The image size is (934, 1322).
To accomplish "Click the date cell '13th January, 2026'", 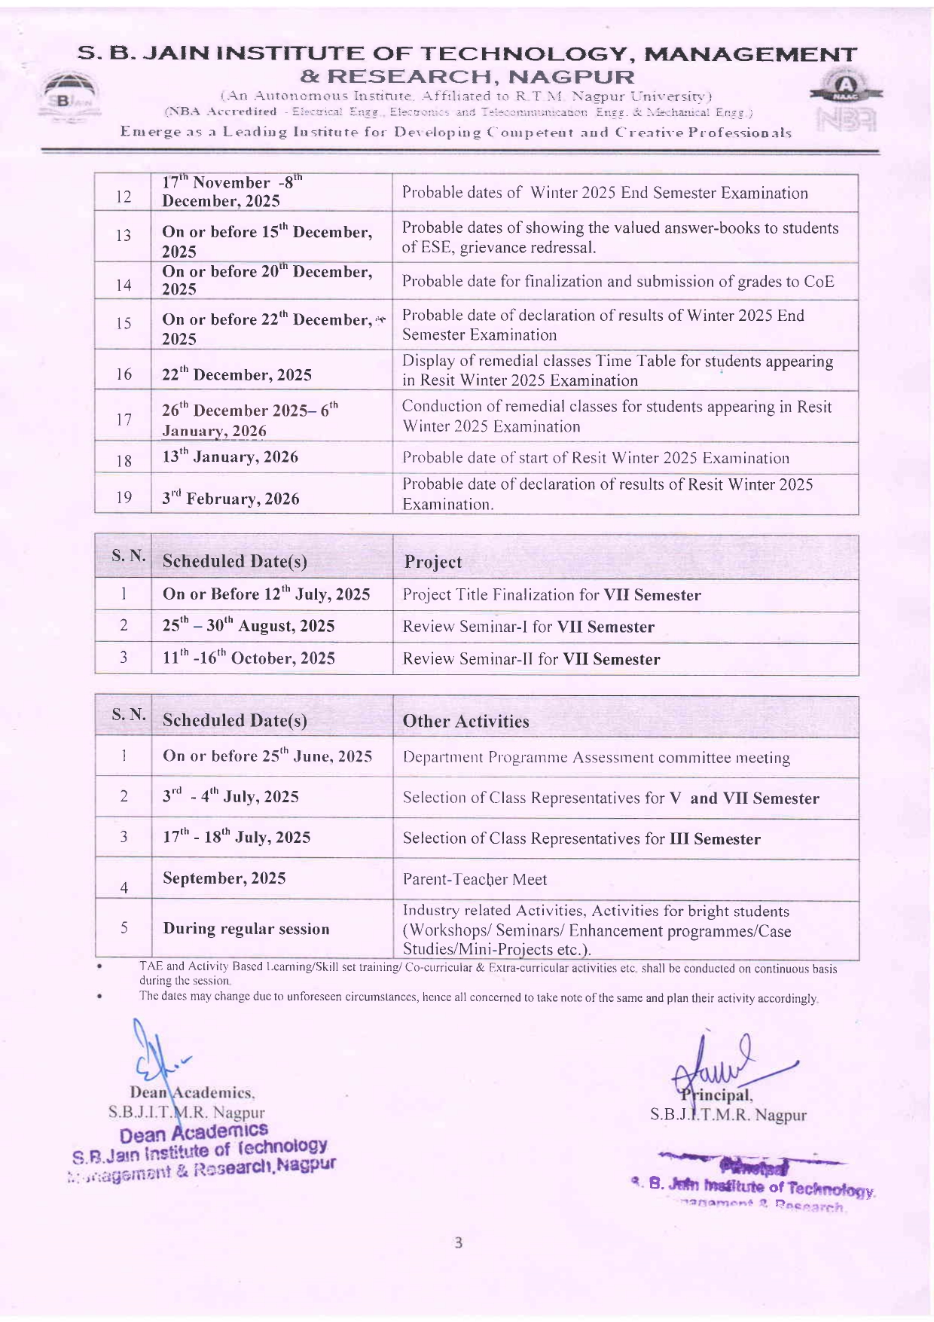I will [230, 457].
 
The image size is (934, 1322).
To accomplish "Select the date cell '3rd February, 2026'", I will [230, 498].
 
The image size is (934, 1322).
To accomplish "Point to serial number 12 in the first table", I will [124, 197].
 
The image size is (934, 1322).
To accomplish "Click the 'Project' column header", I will [433, 562].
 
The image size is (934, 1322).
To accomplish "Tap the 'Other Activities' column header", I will [465, 721].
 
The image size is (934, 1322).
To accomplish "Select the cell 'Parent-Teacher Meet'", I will [475, 879].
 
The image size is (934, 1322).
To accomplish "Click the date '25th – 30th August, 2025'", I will [249, 626].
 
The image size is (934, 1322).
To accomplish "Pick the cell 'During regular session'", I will [246, 929].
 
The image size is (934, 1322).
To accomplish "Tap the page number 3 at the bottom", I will [458, 1243].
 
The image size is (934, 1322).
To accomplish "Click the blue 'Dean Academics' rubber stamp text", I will [194, 1132].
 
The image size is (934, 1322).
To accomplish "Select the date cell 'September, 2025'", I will [224, 878].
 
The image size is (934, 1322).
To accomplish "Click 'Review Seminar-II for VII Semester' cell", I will [531, 659].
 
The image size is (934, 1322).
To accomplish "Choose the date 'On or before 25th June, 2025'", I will [267, 756].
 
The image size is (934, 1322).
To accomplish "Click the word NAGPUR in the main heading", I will [571, 77].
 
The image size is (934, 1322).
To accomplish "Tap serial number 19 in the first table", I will [124, 497].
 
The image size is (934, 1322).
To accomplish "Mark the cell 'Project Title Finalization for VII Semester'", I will [551, 595].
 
